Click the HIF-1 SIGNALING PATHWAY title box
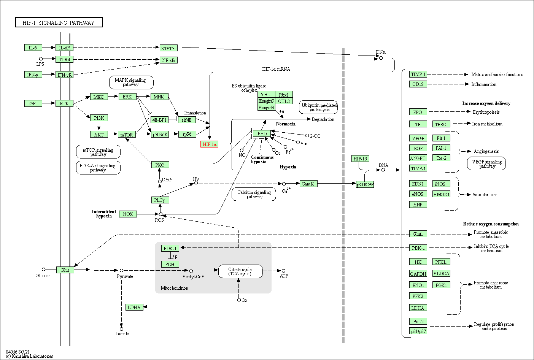point(59,22)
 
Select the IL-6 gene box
point(33,48)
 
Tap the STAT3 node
point(168,48)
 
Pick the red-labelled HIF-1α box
point(210,144)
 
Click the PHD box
point(262,133)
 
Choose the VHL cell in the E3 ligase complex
point(266,95)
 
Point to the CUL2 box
point(284,101)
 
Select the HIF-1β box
point(360,159)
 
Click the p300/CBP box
point(365,184)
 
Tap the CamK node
point(307,184)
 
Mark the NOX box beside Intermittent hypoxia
point(128,214)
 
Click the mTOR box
point(127,135)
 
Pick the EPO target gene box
point(418,112)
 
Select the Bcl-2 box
point(418,321)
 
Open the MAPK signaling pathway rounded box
point(130,82)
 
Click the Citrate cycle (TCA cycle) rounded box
point(240,271)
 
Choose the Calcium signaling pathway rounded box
point(254,194)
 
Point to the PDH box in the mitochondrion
point(170,264)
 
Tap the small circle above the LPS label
point(41,59)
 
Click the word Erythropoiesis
point(486,112)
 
